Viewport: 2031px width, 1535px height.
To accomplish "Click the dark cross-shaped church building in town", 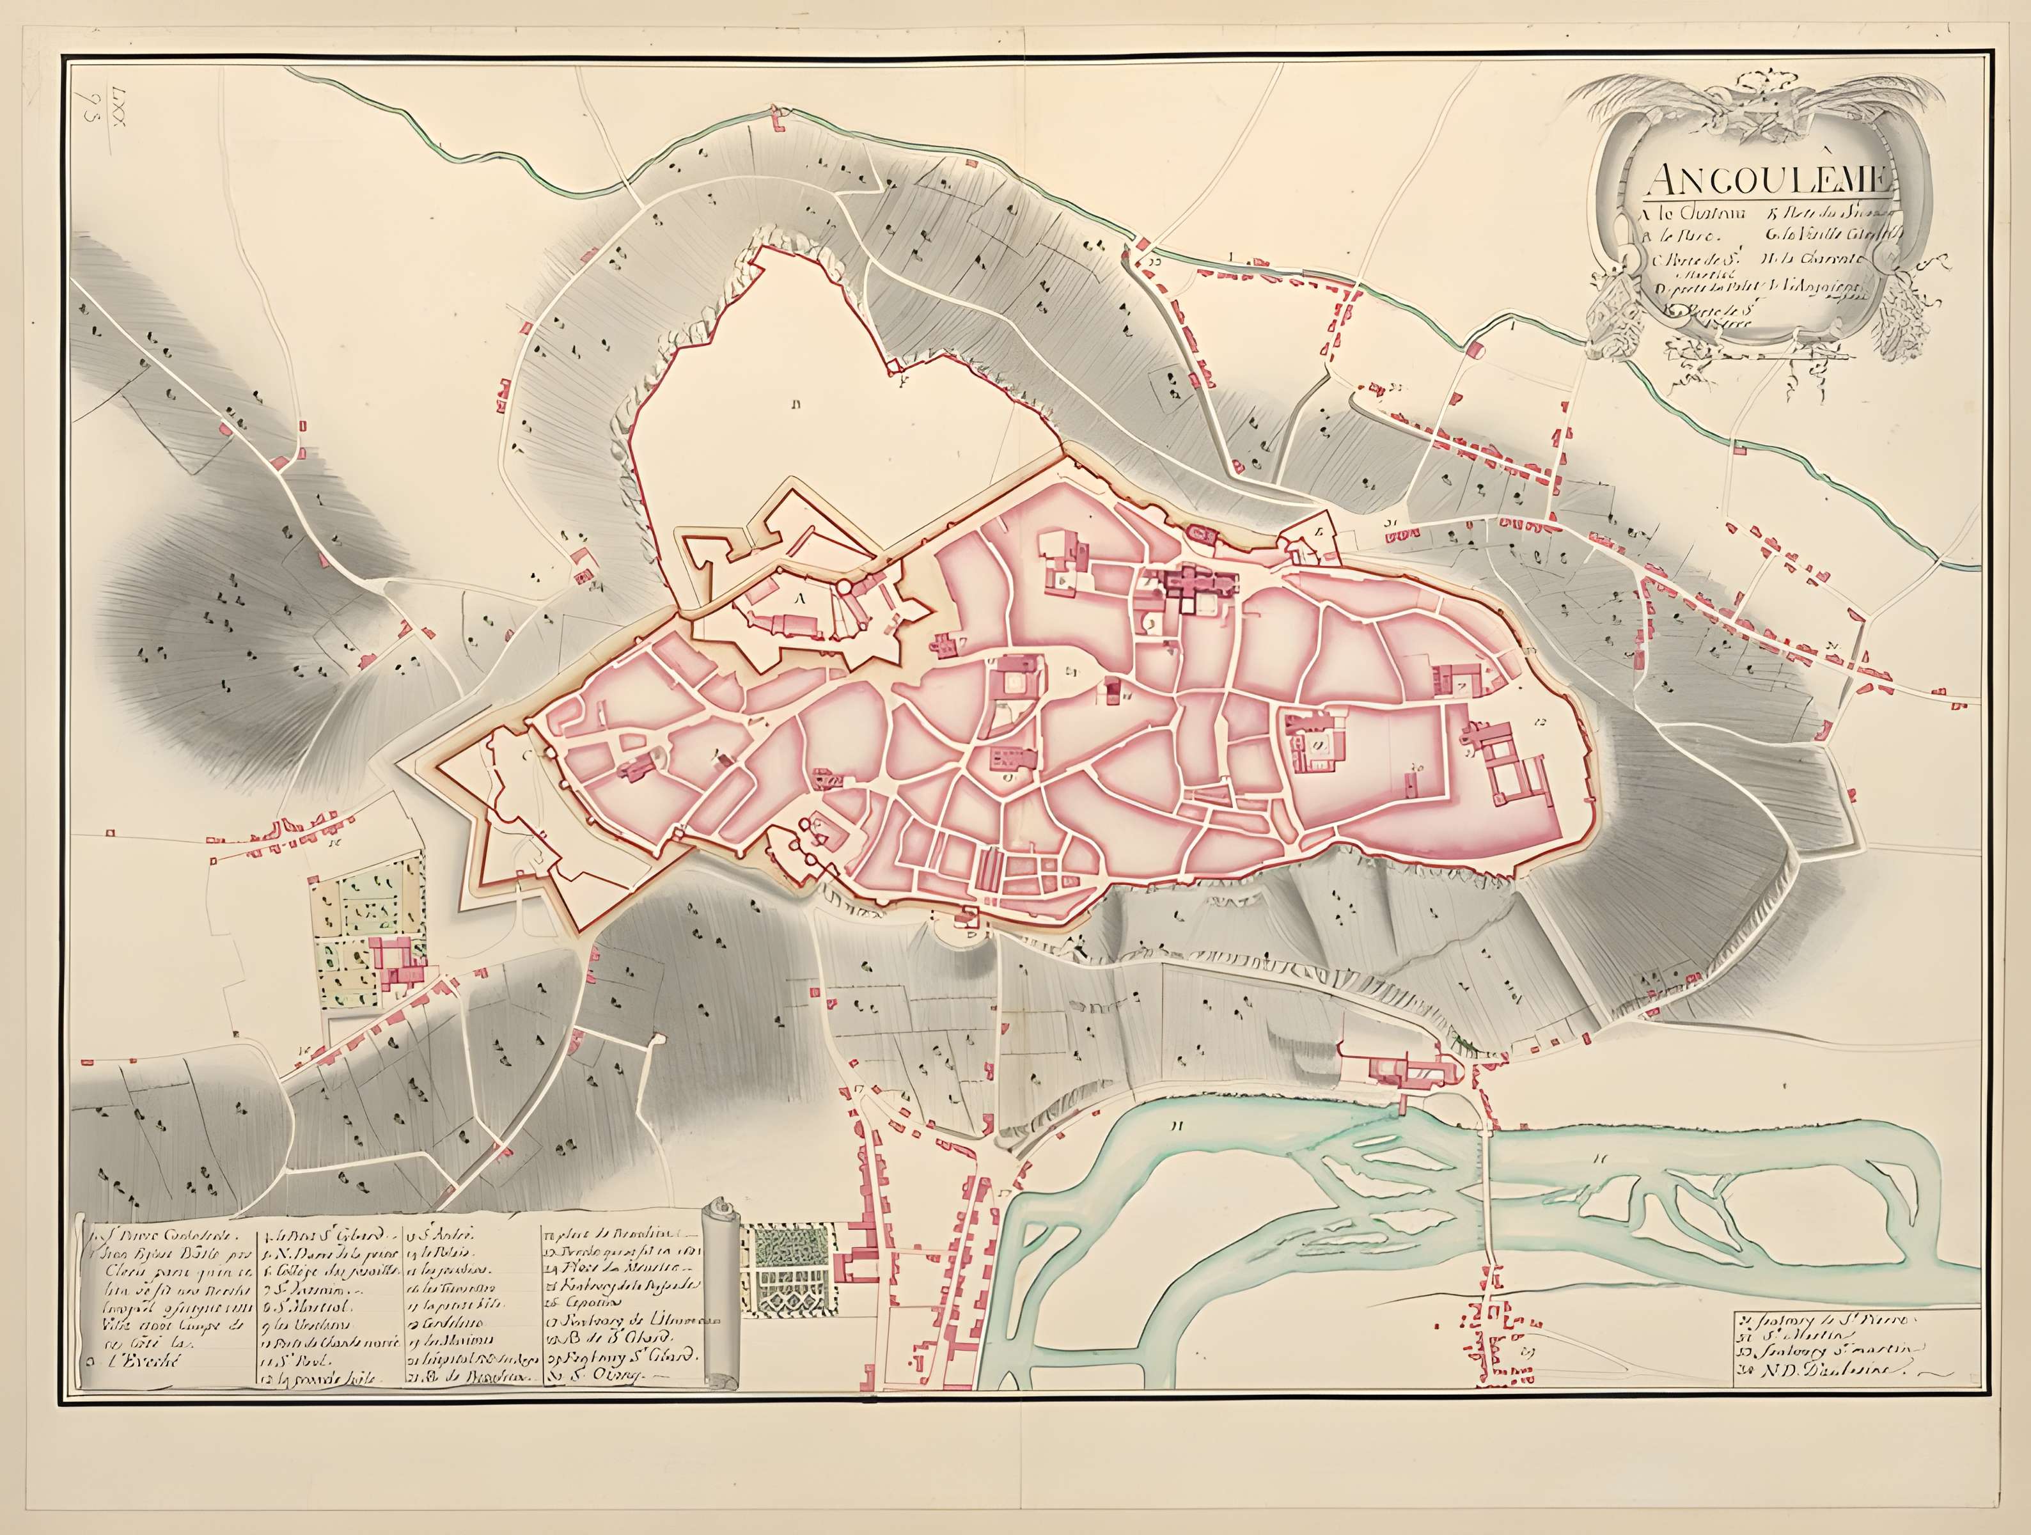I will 1191,582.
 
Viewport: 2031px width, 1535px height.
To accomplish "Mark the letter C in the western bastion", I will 527,757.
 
